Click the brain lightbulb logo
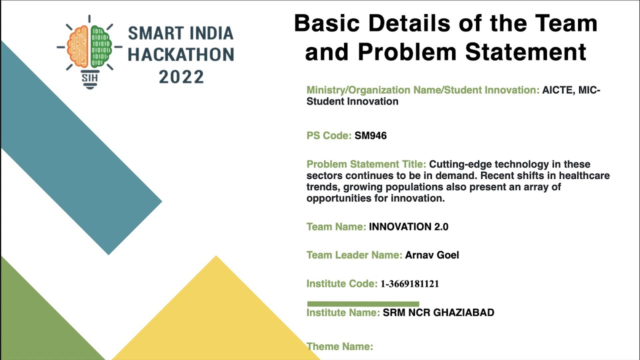tap(89, 50)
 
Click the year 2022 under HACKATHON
tap(181, 77)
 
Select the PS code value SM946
tap(370, 135)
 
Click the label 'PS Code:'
tap(329, 135)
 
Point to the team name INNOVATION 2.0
tap(408, 227)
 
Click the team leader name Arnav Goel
tap(432, 255)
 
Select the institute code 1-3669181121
tap(409, 284)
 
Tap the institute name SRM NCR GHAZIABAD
tap(438, 313)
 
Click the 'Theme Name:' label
tap(339, 346)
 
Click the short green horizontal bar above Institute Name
tap(363, 303)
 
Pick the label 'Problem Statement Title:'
tap(366, 164)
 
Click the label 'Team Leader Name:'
tap(354, 255)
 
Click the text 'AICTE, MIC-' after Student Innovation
tap(571, 90)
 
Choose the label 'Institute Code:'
tap(341, 284)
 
